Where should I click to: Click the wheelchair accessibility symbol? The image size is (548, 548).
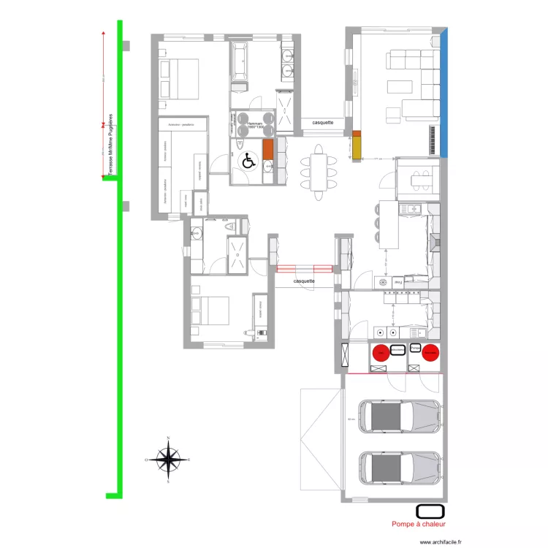tap(248, 160)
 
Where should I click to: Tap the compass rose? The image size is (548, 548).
tap(169, 460)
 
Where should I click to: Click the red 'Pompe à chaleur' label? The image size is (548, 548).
tap(418, 524)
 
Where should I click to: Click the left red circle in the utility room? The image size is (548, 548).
tap(381, 354)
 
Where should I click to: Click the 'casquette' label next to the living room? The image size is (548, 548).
tap(322, 123)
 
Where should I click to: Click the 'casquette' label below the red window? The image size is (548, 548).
tap(303, 281)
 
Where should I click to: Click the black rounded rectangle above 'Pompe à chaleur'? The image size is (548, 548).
tap(430, 511)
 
